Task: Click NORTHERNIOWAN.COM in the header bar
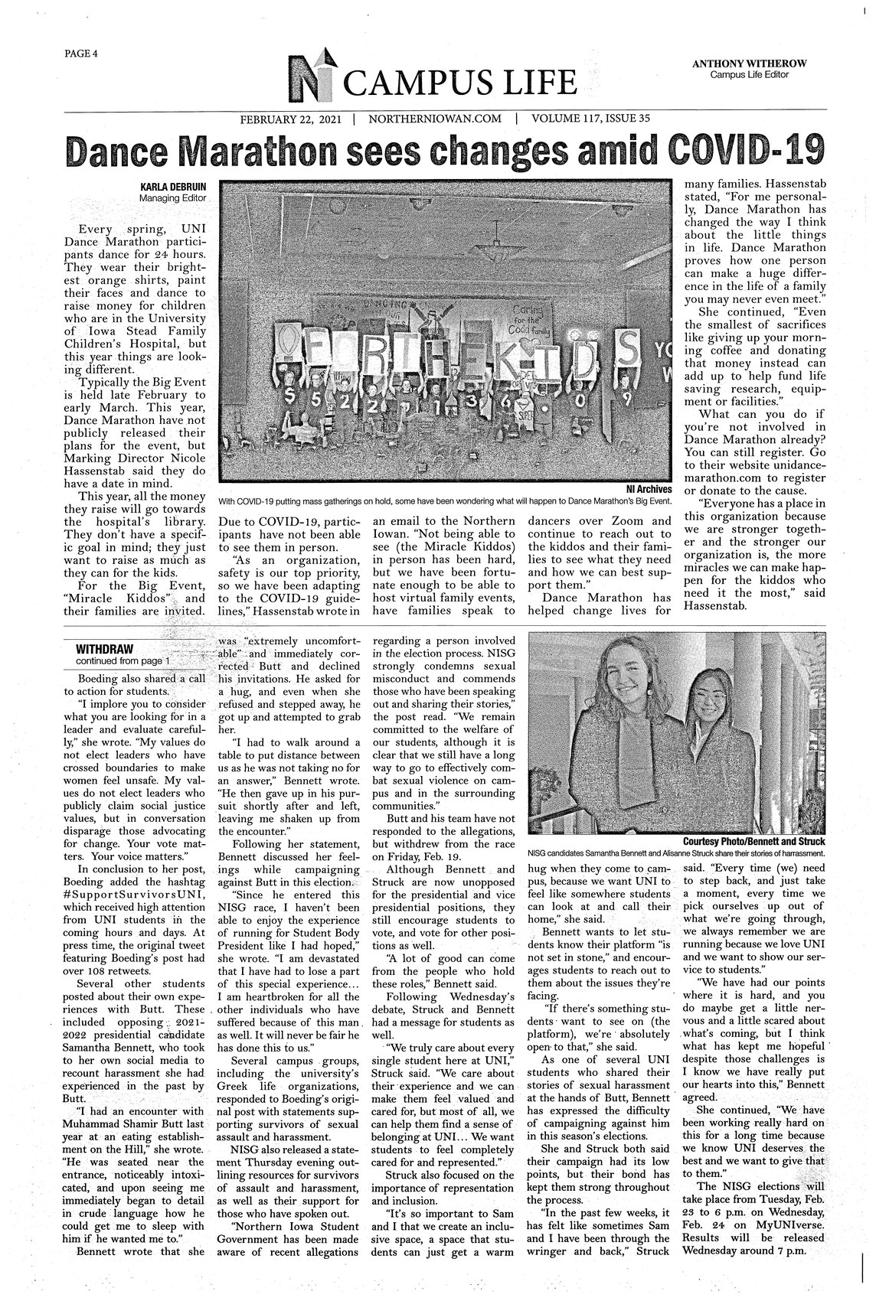434,119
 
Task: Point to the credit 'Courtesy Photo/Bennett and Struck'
753,843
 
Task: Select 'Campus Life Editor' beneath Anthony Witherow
749,74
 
